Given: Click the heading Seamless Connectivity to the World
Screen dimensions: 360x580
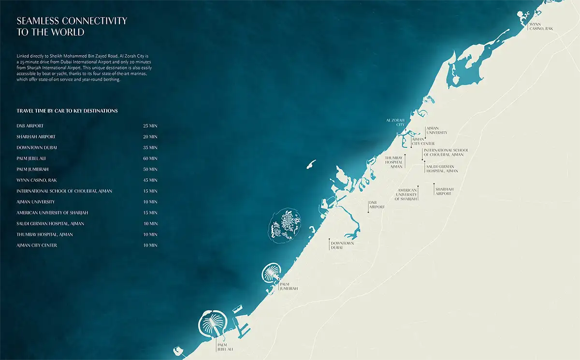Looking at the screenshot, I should click(72, 27).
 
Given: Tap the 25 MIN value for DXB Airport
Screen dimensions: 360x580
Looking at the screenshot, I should click(150, 126).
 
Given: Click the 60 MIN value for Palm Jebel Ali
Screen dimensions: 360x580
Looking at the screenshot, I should click(150, 158).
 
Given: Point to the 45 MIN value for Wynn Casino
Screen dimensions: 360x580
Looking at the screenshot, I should click(150, 180).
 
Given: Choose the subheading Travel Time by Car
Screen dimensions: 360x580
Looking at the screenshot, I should click(67, 111).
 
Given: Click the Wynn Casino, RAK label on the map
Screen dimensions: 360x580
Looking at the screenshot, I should click(541, 26).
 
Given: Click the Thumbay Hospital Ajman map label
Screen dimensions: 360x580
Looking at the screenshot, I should click(394, 162).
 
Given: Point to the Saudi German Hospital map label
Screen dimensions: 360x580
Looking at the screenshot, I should click(442, 168).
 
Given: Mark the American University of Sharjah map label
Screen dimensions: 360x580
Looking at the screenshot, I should click(406, 195).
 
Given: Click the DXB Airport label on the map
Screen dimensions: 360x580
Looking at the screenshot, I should click(377, 205).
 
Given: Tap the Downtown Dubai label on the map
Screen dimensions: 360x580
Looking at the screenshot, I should click(342, 245).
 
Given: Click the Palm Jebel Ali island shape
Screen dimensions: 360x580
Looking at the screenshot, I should click(213, 324).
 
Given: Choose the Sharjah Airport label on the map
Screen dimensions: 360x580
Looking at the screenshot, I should click(443, 191).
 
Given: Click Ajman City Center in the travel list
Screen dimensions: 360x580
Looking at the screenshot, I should click(37, 245).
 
